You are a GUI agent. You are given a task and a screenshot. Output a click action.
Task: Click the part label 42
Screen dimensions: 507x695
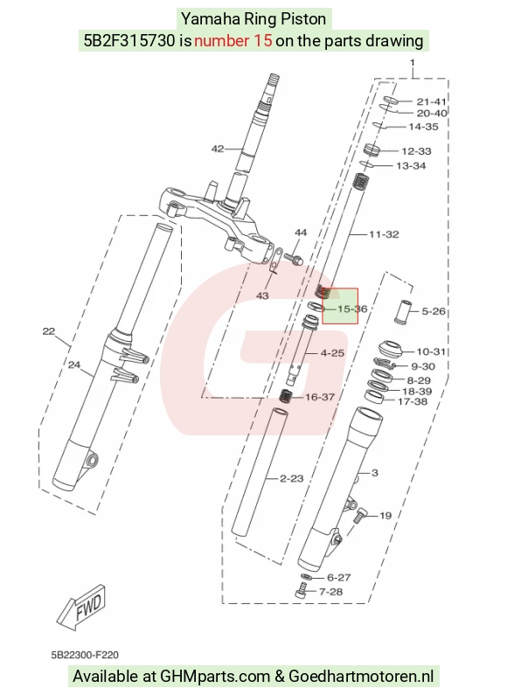pyautogui.click(x=218, y=149)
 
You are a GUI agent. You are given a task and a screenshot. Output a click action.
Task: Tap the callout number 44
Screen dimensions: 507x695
pyautogui.click(x=301, y=233)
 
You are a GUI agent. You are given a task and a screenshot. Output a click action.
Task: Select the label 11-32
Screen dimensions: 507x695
pyautogui.click(x=385, y=234)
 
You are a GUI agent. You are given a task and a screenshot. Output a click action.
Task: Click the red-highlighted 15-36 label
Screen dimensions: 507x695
pyautogui.click(x=352, y=309)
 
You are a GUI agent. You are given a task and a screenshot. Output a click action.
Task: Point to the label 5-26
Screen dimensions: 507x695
pyautogui.click(x=434, y=311)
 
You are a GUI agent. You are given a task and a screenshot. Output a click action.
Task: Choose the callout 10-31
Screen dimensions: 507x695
pyautogui.click(x=431, y=351)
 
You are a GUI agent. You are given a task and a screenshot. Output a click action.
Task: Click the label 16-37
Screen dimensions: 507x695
pyautogui.click(x=320, y=397)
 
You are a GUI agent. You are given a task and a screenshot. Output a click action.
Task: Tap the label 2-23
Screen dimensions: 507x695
pyautogui.click(x=292, y=478)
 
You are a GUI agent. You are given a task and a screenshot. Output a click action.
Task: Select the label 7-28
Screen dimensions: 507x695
pyautogui.click(x=330, y=592)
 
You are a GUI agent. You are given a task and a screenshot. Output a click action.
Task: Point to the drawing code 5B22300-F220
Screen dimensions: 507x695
pyautogui.click(x=85, y=655)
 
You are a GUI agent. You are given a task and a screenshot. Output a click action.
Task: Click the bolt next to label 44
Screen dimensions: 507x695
pyautogui.click(x=293, y=258)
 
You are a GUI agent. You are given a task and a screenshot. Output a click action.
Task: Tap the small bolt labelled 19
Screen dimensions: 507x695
pyautogui.click(x=360, y=515)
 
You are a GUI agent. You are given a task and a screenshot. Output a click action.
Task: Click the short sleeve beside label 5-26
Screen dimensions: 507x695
pyautogui.click(x=404, y=312)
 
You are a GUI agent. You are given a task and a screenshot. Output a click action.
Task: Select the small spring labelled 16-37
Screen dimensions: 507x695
pyautogui.click(x=287, y=395)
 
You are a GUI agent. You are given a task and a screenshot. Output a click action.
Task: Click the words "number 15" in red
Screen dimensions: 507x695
pyautogui.click(x=233, y=41)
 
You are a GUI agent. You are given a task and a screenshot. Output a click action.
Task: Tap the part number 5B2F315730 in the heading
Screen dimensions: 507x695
pyautogui.click(x=129, y=41)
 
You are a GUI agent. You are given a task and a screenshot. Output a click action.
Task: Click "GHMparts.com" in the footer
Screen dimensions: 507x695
pyautogui.click(x=215, y=677)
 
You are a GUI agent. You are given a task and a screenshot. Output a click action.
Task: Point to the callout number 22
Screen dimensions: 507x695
pyautogui.click(x=49, y=331)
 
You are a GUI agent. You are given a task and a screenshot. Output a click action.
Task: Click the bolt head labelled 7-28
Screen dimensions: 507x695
pyautogui.click(x=301, y=590)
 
